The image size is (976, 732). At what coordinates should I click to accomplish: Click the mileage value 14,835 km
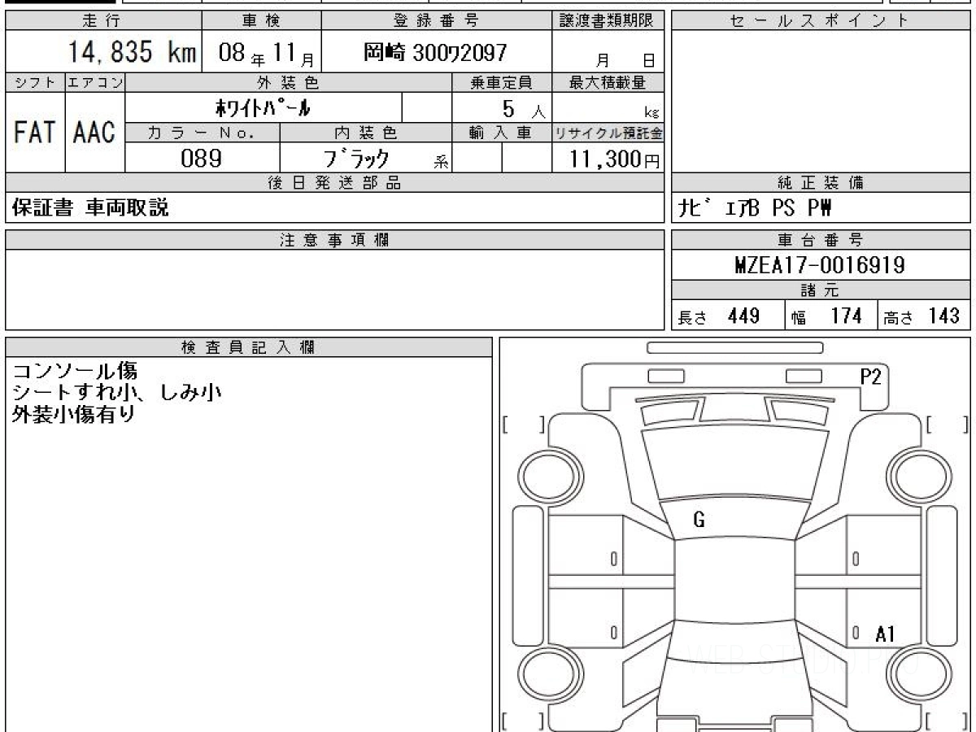[x=132, y=52]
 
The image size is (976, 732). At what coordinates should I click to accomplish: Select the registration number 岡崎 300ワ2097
[x=435, y=53]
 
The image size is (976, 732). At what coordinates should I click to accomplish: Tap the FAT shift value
[x=35, y=132]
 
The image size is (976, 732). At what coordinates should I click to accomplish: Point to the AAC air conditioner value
[x=94, y=132]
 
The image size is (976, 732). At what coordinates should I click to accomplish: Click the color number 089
[x=201, y=159]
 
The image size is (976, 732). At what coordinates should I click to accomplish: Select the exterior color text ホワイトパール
[x=263, y=107]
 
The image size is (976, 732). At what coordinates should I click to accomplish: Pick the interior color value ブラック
[x=356, y=159]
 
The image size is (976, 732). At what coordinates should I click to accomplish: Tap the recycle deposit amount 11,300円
[x=614, y=159]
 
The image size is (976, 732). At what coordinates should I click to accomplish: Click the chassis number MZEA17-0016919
[x=820, y=265]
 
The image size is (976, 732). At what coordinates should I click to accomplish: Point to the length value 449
[x=743, y=316]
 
